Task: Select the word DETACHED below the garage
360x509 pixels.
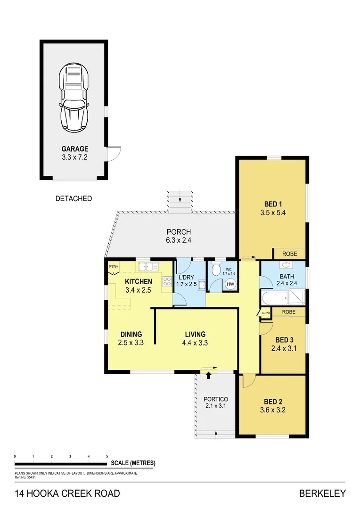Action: (x=74, y=198)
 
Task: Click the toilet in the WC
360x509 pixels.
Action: (x=216, y=270)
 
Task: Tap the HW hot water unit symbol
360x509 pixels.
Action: (x=230, y=284)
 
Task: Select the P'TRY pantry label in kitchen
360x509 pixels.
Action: (x=113, y=267)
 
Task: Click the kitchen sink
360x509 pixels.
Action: (x=148, y=267)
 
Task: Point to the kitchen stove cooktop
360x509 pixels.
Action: (x=167, y=282)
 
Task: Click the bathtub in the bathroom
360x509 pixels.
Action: (x=274, y=298)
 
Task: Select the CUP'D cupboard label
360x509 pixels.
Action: (x=265, y=313)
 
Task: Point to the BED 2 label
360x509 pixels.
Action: (x=273, y=402)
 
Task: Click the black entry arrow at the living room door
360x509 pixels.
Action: (x=208, y=375)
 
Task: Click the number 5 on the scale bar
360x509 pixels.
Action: (x=107, y=456)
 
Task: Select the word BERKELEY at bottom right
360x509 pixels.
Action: (x=322, y=493)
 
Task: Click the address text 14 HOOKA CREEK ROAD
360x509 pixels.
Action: (x=67, y=493)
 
